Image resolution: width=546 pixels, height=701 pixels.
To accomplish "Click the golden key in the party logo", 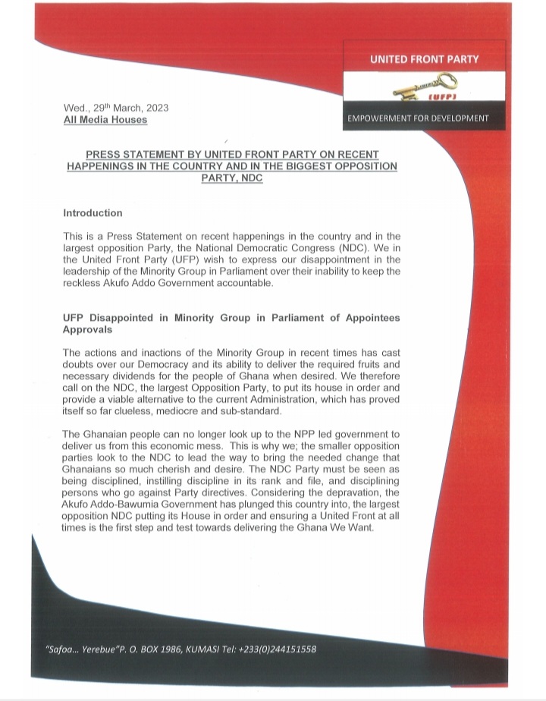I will coord(418,87).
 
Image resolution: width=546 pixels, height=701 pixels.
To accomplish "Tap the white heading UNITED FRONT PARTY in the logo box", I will coord(424,59).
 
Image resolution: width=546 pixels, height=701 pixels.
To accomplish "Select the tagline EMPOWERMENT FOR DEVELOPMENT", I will coord(418,118).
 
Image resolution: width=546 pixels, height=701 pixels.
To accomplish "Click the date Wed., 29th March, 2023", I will coord(116,108).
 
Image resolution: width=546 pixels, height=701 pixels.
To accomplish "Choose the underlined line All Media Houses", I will coord(105,120).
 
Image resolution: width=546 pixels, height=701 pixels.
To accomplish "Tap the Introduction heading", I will coord(93,213).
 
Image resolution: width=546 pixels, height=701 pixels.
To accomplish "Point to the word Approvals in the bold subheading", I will coord(88,330).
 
